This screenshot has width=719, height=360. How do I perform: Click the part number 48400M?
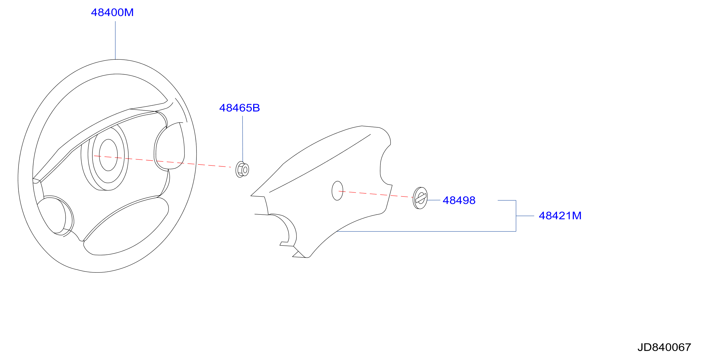112,13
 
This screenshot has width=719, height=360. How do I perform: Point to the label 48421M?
560,216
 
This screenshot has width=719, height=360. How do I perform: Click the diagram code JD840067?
664,347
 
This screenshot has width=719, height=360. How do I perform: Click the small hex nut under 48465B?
242,169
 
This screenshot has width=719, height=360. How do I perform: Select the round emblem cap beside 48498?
420,198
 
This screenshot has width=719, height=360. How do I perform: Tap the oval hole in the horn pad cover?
338,191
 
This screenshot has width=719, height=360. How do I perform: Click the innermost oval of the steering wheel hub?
108,155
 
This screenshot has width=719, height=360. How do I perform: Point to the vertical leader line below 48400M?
115,40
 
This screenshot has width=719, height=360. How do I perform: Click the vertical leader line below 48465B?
242,139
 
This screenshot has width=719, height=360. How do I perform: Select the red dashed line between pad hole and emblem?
376,194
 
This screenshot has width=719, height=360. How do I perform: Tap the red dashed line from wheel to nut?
162,161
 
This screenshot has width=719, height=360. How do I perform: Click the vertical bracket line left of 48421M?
516,216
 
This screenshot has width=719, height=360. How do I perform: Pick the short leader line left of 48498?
434,200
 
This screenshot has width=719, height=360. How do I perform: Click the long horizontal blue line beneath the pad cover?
426,231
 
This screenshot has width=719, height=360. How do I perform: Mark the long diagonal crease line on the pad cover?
320,163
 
